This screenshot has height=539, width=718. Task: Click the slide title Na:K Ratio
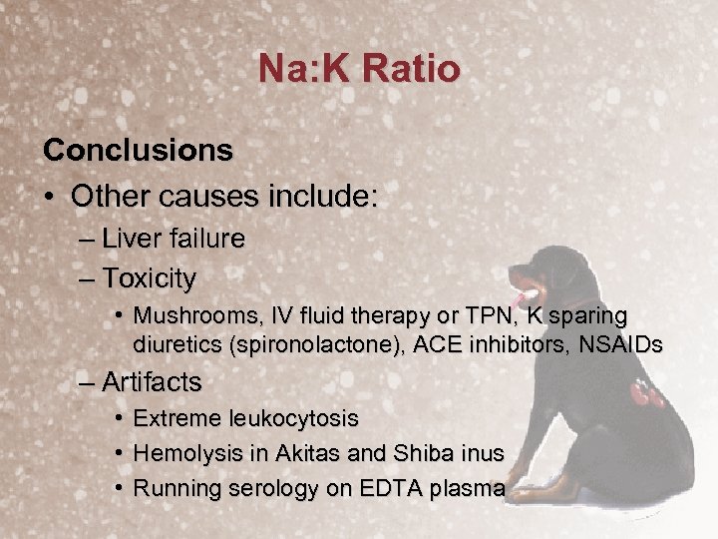359,69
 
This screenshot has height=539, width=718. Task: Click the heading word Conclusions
139,150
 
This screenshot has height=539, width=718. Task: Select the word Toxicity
149,276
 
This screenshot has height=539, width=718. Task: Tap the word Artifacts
152,382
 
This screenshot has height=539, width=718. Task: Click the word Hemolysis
182,453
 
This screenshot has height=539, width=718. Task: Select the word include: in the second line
320,195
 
